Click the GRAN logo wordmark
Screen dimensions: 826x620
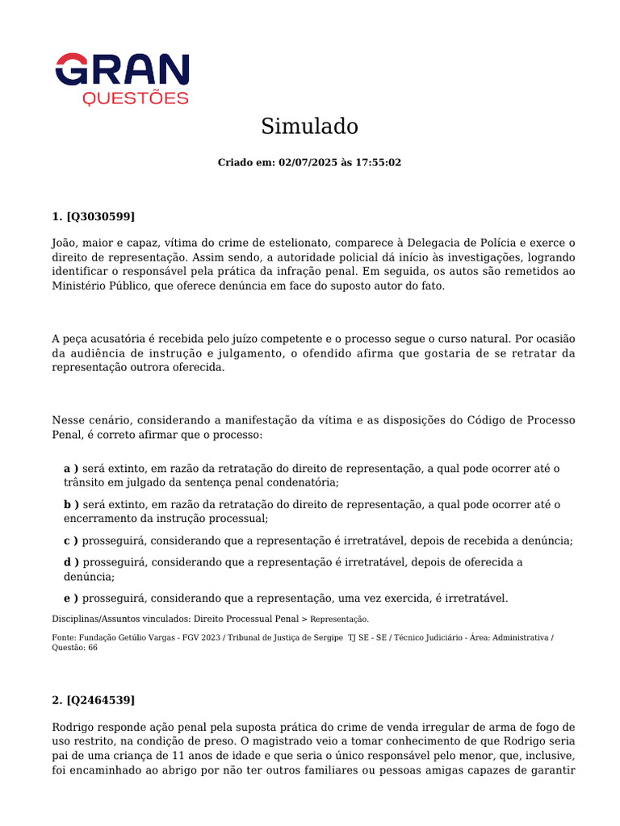122,69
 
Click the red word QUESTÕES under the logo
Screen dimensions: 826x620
136,98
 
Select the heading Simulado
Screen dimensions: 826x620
309,127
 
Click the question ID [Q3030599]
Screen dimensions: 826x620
100,216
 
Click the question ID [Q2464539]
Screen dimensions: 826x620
100,699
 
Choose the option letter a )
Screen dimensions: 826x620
71,469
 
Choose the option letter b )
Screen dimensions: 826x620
71,504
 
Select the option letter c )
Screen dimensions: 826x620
71,540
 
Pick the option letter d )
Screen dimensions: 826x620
71,562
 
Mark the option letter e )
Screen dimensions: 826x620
71,598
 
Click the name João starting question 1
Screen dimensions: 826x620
66,243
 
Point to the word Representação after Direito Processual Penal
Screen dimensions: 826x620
339,619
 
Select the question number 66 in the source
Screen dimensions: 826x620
93,648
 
